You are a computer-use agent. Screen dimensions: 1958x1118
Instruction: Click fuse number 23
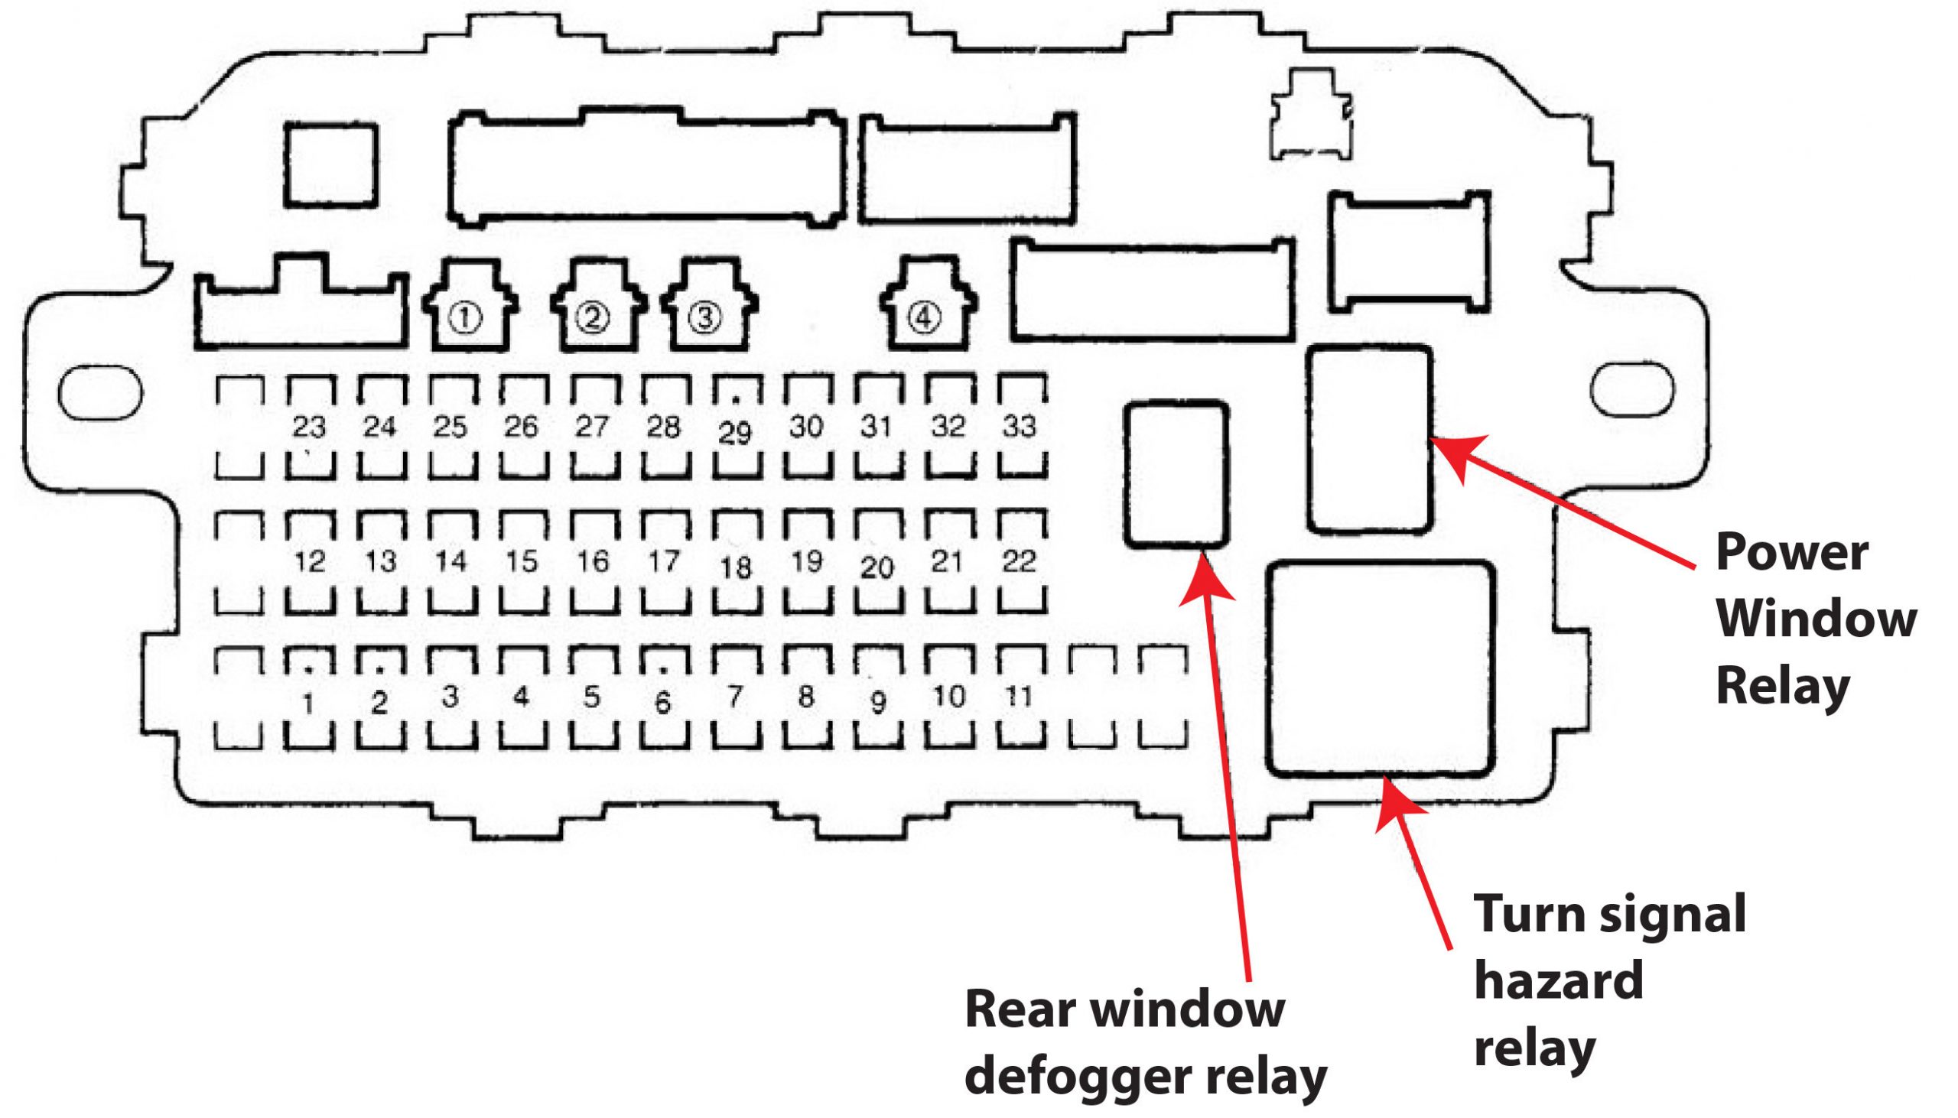tap(310, 427)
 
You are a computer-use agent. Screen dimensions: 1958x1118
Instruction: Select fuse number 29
tap(736, 427)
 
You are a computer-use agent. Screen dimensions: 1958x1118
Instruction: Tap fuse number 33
tap(1020, 427)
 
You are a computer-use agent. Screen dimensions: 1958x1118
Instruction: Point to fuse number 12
tap(310, 562)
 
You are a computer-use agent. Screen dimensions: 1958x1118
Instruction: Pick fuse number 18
tap(736, 562)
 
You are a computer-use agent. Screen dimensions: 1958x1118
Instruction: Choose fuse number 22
tap(1020, 562)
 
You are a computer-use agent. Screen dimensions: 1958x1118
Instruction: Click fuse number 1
tap(310, 698)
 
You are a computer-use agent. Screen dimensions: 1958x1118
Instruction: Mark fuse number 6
tap(664, 698)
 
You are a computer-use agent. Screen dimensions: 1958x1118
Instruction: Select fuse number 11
tap(1020, 698)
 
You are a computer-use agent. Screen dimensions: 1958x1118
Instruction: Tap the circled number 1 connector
tap(469, 307)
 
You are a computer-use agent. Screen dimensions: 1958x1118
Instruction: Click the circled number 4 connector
tap(928, 305)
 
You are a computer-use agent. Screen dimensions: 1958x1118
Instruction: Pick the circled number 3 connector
tap(709, 307)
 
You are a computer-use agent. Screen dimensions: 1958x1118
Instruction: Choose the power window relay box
tap(1370, 438)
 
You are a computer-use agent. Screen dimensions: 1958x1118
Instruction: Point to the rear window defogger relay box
tap(1176, 474)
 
